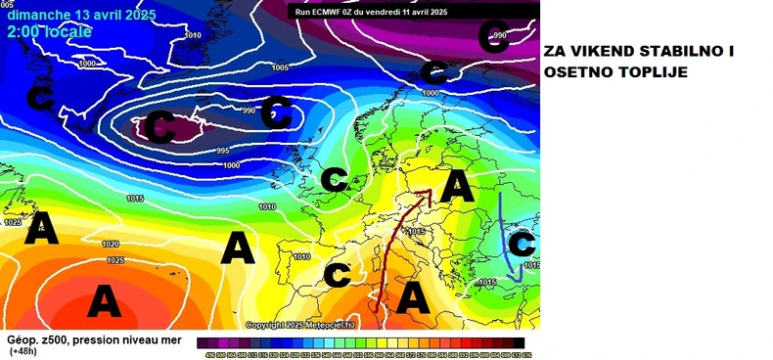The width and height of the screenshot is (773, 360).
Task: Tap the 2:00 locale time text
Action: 49,32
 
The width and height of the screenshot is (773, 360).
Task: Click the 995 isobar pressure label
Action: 222,150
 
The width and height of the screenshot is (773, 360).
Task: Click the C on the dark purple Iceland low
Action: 161,126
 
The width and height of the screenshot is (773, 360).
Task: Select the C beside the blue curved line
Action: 523,243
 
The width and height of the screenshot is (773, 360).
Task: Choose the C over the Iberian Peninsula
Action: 338,275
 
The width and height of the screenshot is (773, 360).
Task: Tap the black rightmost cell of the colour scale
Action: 528,341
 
